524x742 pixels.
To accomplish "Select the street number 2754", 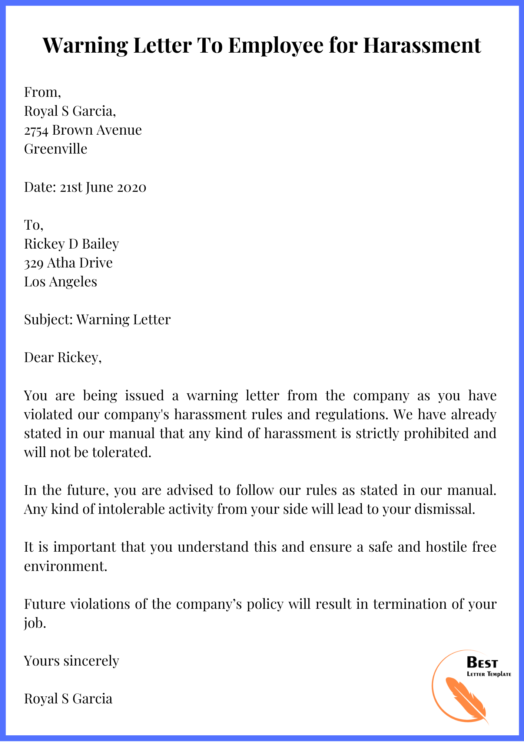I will (36, 130).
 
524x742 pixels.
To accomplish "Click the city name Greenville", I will (56, 149).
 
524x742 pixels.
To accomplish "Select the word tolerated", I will (122, 452).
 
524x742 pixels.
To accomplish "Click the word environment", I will (65, 566).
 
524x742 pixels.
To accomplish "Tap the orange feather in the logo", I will (465, 699).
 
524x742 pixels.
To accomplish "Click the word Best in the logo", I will (482, 662).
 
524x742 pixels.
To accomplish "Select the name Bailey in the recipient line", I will (100, 244).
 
